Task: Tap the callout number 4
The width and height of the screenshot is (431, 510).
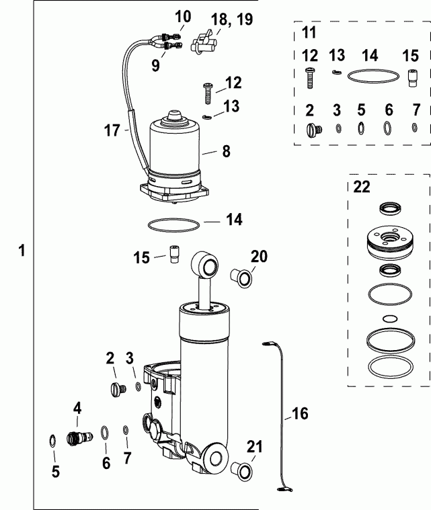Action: coord(77,407)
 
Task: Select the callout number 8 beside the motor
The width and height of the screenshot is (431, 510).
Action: coord(226,152)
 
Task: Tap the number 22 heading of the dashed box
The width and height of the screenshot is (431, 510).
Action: coord(362,187)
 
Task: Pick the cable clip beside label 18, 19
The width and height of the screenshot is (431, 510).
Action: coord(202,44)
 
